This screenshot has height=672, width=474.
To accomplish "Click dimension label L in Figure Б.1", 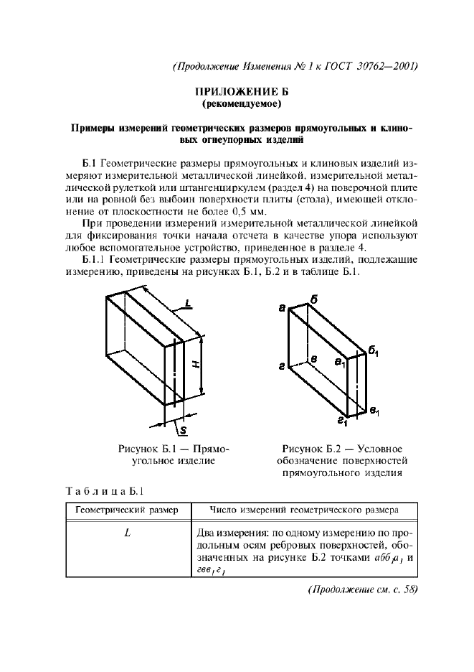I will pos(187,304).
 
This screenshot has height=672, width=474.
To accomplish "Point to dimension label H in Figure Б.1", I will pos(196,363).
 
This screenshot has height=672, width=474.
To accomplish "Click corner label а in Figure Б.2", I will pos(282,307).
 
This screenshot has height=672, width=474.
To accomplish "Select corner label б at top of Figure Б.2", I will pos(314,299).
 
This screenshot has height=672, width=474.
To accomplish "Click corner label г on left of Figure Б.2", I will pos(283,367).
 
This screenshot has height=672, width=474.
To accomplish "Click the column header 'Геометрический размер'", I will pos(126,510).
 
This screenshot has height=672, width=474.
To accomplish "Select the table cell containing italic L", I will pos(126,533).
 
